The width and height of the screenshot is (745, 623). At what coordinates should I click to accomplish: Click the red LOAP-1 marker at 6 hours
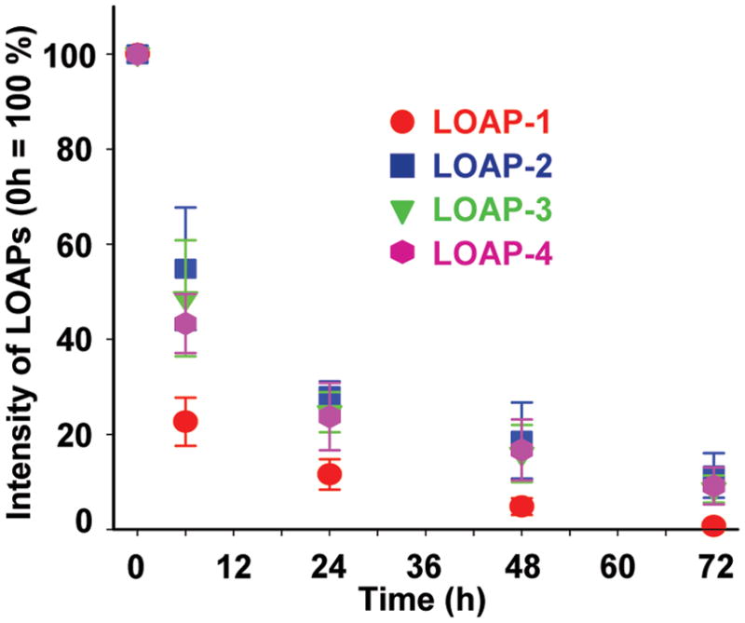pos(185,421)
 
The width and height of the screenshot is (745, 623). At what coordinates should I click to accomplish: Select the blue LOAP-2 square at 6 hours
pos(185,269)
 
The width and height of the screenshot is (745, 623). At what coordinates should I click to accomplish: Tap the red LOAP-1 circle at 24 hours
pos(329,475)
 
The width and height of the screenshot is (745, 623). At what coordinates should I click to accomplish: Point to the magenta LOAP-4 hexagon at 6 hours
pos(185,324)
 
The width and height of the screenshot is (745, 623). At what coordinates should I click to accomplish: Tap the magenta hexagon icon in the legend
pos(401,252)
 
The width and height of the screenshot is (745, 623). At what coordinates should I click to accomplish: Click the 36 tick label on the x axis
pos(425,564)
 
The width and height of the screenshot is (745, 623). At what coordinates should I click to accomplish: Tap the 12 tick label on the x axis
pos(233,564)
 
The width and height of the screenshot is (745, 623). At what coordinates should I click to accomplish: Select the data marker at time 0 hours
pos(137,54)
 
